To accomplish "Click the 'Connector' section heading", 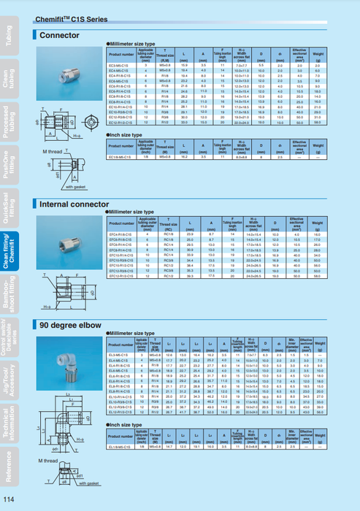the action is pyautogui.click(x=59, y=34).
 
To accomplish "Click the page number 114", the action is pyautogui.click(x=9, y=499).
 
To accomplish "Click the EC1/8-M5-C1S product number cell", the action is pyautogui.click(x=120, y=157).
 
